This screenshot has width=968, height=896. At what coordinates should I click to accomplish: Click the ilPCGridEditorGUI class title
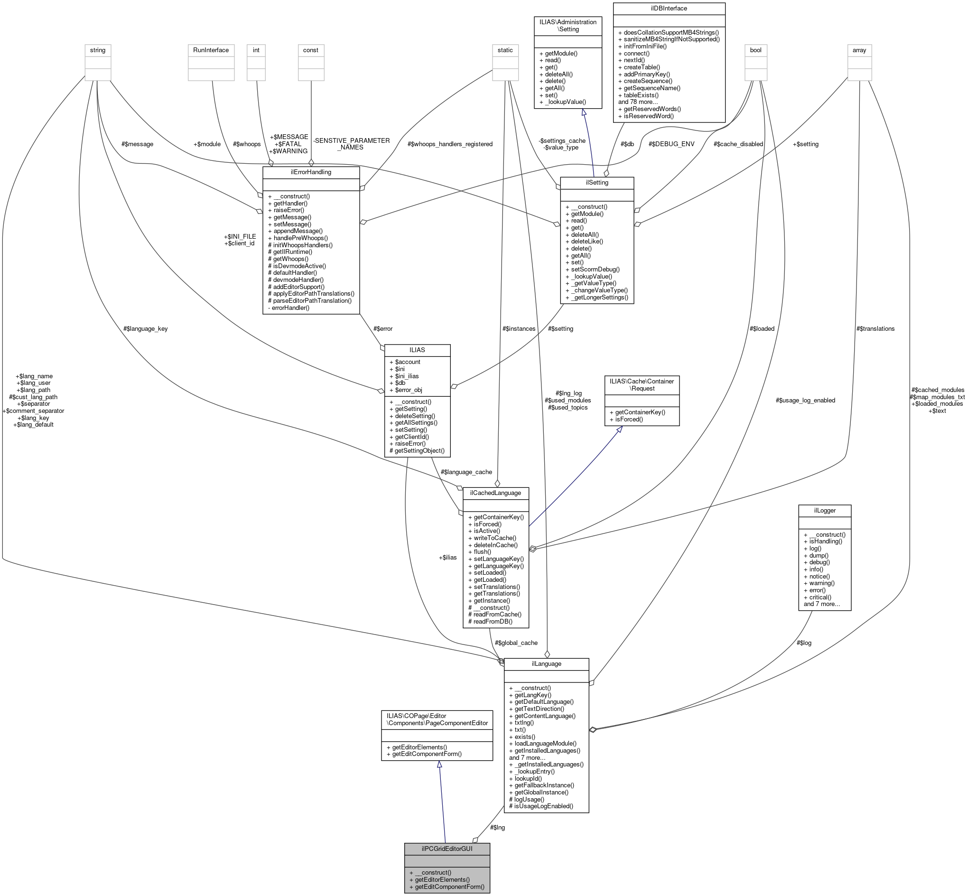point(447,849)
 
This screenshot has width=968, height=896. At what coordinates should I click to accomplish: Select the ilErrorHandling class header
point(310,172)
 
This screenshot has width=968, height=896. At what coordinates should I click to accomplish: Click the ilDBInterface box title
point(669,8)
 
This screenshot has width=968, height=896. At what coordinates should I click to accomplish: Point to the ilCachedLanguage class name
point(495,493)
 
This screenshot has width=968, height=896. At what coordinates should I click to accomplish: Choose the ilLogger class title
point(824,510)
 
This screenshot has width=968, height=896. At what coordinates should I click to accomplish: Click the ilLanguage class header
point(546,663)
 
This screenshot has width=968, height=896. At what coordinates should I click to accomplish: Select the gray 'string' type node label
point(97,50)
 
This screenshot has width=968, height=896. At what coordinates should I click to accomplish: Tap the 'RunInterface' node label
point(210,50)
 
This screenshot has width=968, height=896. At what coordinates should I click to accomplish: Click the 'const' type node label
point(310,50)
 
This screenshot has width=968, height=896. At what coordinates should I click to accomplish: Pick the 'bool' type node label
point(755,50)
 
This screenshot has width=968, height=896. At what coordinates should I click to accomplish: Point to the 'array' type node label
point(859,50)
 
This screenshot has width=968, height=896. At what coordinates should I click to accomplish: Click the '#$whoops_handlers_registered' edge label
point(449,144)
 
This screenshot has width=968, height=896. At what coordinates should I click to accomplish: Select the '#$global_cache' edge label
point(516,643)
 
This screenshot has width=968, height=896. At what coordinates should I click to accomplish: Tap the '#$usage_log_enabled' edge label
point(805,400)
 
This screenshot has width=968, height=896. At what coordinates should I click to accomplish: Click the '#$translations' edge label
point(875,328)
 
